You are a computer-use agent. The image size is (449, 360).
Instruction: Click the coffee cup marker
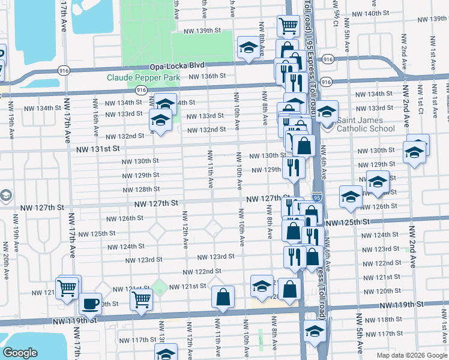coord(91,304)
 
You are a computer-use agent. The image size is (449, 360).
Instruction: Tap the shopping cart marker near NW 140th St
coord(288,26)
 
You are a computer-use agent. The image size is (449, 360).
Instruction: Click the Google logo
coord(20,353)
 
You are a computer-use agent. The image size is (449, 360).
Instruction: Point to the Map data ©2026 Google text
coord(412,355)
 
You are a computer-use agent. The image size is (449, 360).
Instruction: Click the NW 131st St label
coord(98,148)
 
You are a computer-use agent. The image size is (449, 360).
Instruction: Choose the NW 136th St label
coord(206,76)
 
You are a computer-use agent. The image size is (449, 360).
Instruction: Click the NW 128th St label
coord(141,190)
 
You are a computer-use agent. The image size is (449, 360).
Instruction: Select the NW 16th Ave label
coord(96,122)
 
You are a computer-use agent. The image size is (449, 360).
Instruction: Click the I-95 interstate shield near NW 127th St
coord(315,197)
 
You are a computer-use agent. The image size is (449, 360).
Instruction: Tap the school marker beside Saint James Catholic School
coord(327,112)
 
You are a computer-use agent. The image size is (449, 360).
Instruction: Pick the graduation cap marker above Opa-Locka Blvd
coord(247,48)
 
